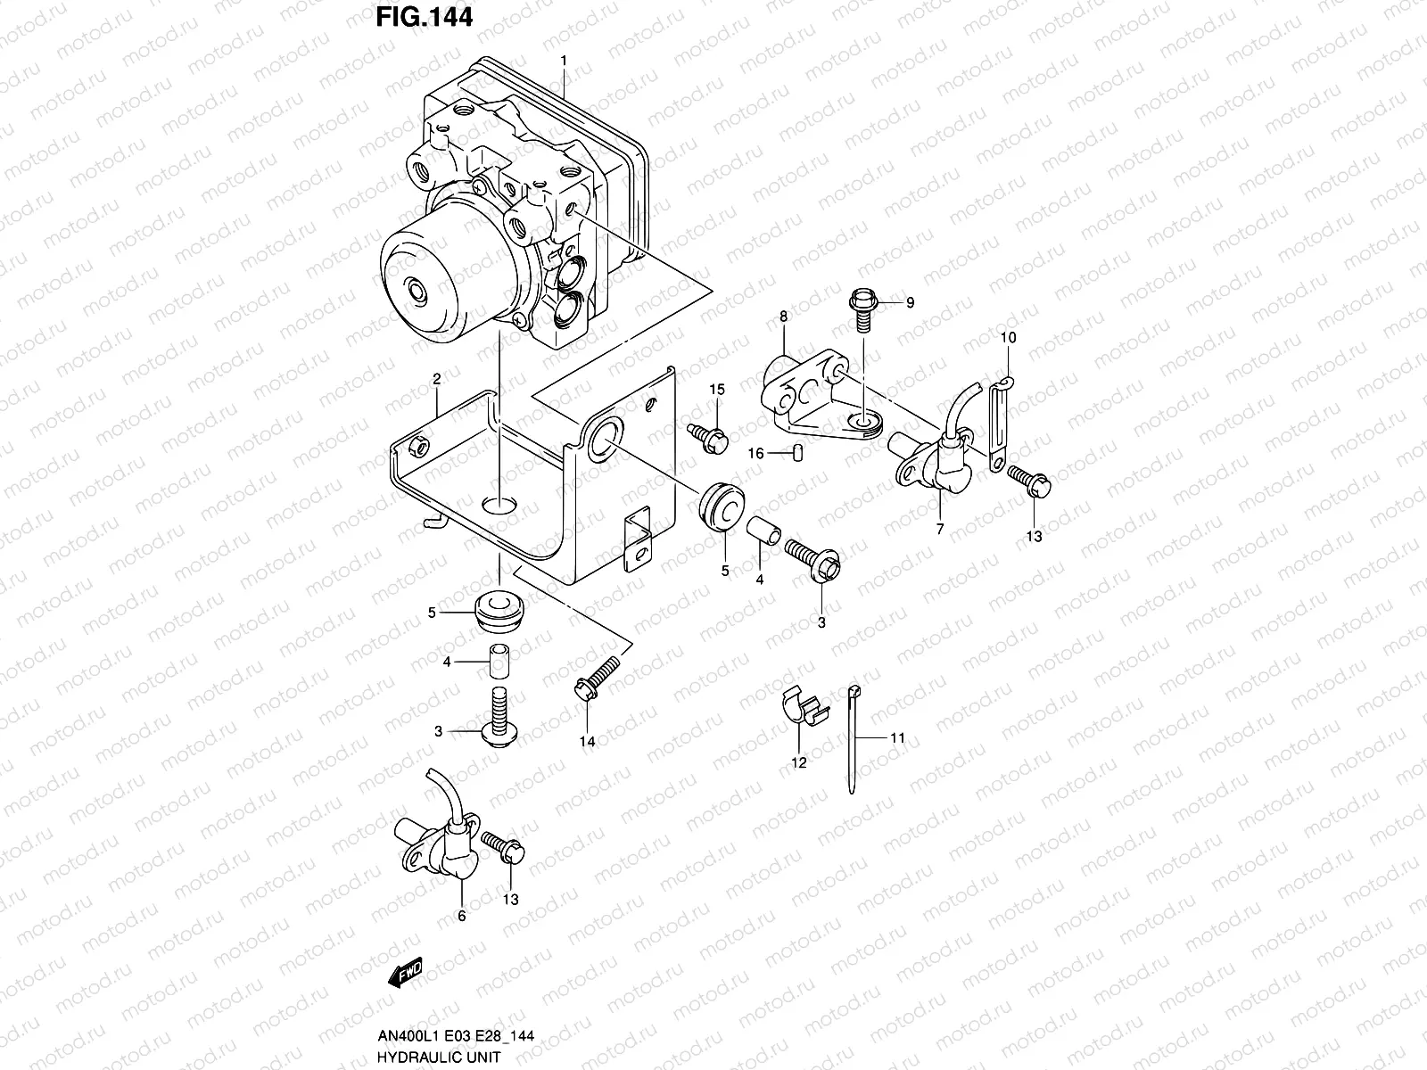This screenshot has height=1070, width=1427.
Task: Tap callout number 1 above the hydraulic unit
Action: (x=564, y=61)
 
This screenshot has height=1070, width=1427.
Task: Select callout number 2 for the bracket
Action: (x=437, y=379)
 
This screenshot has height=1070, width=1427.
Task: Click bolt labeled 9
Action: (x=864, y=308)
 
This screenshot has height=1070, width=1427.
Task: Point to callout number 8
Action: (x=783, y=317)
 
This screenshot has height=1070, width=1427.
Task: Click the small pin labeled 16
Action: (x=798, y=453)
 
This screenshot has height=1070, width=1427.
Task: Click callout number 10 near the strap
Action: (x=1008, y=338)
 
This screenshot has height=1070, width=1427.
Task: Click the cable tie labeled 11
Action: (x=854, y=740)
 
